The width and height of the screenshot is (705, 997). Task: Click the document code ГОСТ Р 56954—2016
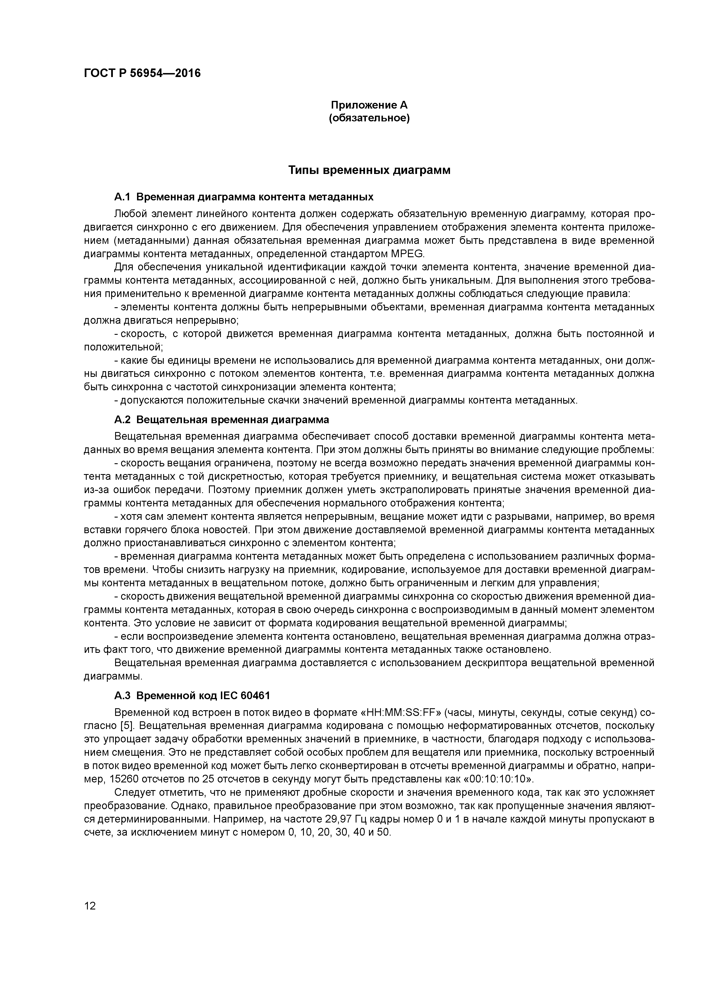(142, 73)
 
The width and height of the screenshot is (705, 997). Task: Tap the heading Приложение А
(369, 105)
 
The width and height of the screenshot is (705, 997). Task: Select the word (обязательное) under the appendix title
(369, 118)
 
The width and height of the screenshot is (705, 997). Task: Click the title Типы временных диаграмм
(369, 171)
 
